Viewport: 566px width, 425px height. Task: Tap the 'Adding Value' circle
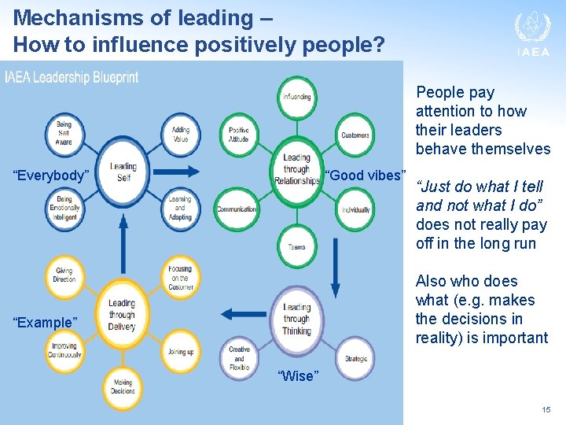(x=180, y=133)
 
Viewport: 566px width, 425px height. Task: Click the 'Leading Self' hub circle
(x=123, y=172)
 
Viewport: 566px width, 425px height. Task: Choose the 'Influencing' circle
(x=296, y=97)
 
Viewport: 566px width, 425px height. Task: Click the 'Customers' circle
(x=355, y=135)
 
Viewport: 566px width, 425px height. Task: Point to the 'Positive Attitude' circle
(x=238, y=135)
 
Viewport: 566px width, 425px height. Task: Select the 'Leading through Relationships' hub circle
(x=296, y=171)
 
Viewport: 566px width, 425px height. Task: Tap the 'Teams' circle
(x=296, y=246)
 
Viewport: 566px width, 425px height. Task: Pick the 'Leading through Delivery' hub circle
(x=122, y=314)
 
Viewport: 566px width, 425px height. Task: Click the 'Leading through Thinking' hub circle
(x=296, y=319)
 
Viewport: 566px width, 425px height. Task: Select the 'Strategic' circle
(x=355, y=359)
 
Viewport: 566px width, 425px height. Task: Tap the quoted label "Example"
(x=46, y=323)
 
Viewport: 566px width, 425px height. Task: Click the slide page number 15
(x=546, y=411)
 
